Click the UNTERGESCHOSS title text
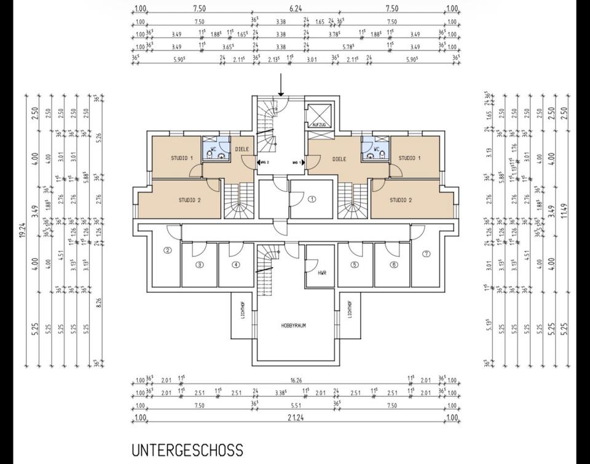(187, 450)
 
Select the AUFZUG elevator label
(319, 124)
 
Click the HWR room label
(321, 273)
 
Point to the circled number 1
(312, 199)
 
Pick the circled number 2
(167, 250)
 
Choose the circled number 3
(199, 265)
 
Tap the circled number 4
(235, 265)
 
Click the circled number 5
(355, 265)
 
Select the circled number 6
(394, 265)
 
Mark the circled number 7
(426, 253)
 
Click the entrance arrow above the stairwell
(281, 84)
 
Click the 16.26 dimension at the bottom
(296, 380)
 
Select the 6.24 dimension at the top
(296, 9)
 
